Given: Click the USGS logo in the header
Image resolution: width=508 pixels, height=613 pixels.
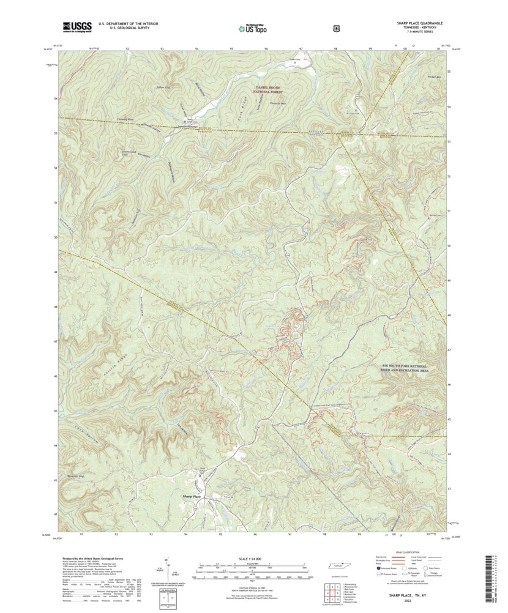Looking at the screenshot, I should pyautogui.click(x=77, y=27).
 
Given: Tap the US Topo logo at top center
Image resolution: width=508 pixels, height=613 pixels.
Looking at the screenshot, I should pyautogui.click(x=253, y=27).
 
